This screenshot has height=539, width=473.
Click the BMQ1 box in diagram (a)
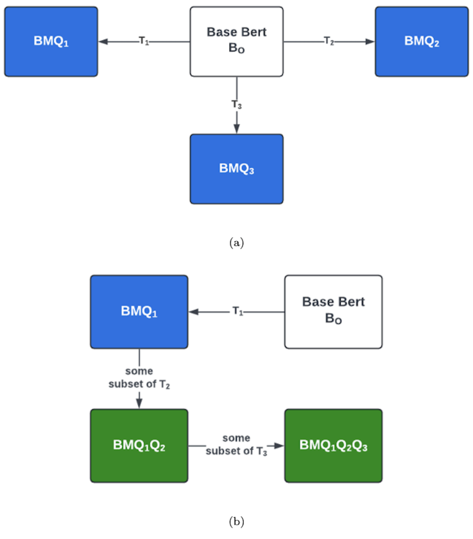(51, 41)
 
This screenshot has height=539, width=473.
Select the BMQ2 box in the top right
(421, 41)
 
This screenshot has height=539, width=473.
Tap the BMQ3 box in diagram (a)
(236, 169)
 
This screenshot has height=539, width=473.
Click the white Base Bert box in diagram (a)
(236, 41)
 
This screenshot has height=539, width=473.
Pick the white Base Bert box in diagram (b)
(333, 312)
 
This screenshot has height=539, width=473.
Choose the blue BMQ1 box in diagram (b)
(139, 312)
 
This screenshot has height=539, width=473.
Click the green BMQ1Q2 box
(139, 445)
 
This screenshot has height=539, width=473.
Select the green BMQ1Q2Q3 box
(333, 445)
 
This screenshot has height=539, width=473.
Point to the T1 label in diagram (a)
(144, 41)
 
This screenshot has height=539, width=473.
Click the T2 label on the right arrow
(329, 41)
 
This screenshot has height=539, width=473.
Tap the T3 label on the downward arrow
(236, 104)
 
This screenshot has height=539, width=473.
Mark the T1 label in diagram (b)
(238, 311)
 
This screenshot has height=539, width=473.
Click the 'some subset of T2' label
(139, 378)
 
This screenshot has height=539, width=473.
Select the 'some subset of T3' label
(236, 444)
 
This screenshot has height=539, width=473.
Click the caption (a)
(236, 243)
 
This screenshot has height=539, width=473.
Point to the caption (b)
(236, 521)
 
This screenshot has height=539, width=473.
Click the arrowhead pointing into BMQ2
(370, 42)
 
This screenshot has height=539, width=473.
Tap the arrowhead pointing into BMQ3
(236, 129)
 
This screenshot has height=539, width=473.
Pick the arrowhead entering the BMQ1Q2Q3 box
(279, 446)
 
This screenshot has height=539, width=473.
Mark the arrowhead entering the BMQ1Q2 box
(139, 404)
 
